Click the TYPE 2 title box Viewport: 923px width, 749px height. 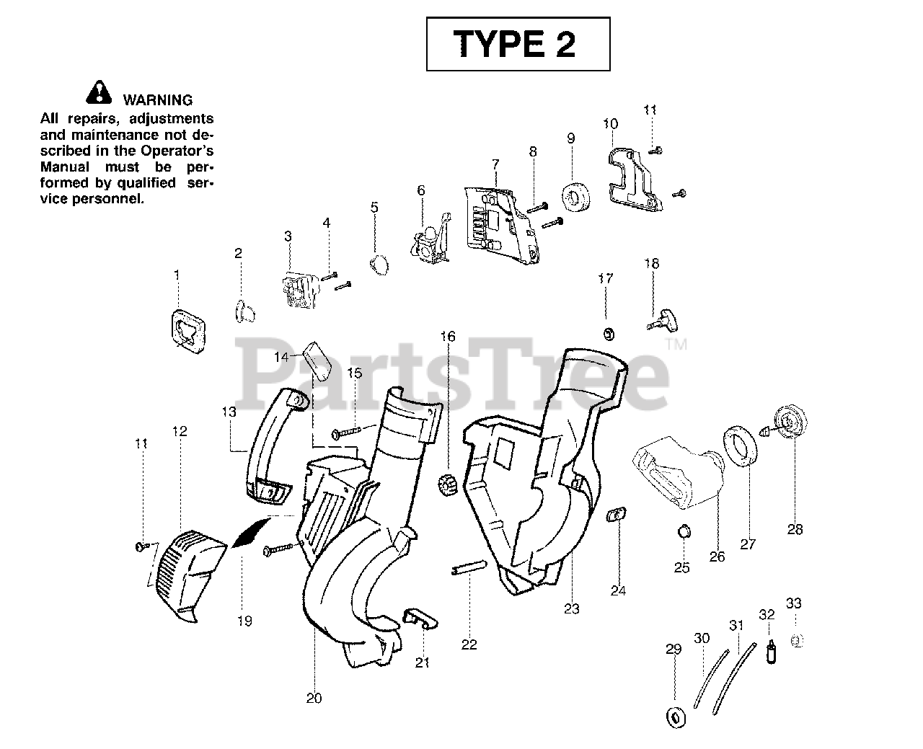click(x=518, y=45)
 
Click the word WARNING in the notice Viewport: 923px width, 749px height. click(x=157, y=100)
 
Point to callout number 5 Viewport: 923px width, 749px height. click(x=374, y=208)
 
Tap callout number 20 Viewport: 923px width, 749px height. click(x=314, y=698)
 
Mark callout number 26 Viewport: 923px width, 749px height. click(x=717, y=557)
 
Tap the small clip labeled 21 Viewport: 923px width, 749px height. click(x=420, y=619)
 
